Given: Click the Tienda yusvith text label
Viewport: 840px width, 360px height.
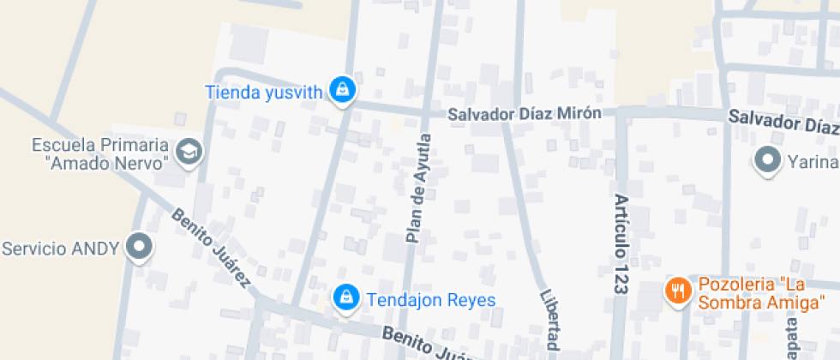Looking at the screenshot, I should pos(263,92).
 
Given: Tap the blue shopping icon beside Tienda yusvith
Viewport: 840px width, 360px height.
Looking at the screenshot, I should pos(343,89).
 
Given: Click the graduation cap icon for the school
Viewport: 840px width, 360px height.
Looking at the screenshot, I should pos(188,153).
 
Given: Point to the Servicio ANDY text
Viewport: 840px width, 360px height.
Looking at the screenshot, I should pos(60,249).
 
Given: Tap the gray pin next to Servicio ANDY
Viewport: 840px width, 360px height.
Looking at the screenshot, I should pos(138,248).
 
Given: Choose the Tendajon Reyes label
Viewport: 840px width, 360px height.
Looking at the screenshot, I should pos(431,299).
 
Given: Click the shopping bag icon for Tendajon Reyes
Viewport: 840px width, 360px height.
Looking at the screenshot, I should pos(345,297).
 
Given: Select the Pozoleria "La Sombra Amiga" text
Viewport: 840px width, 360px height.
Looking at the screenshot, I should pos(761,293).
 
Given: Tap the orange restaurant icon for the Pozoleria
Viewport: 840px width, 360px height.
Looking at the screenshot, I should pos(678,289).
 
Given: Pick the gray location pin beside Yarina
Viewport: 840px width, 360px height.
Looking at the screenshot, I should pos(765,159).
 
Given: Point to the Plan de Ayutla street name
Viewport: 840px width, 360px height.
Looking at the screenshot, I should pos(417,188).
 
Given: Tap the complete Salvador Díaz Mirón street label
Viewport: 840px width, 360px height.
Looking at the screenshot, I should pos(524,113).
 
